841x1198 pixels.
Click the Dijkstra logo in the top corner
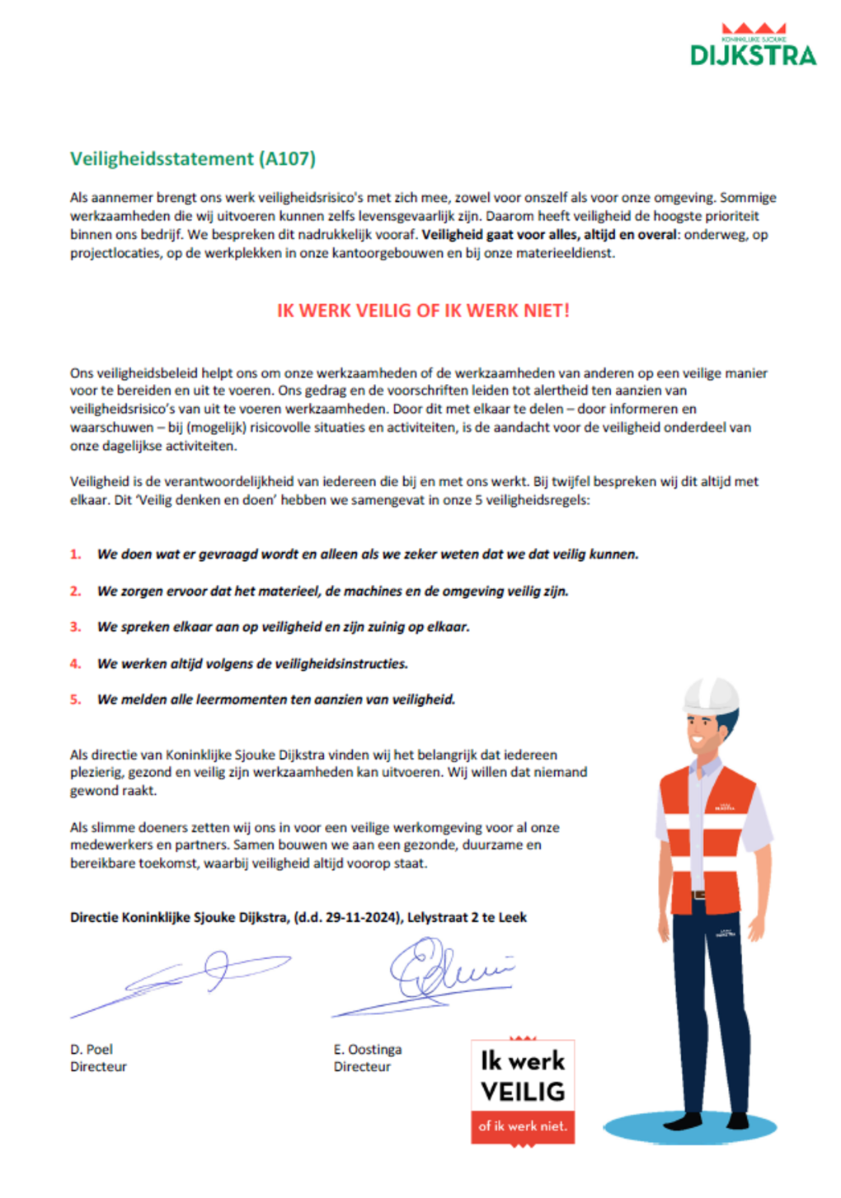point(753,46)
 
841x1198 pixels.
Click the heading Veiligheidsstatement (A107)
point(192,158)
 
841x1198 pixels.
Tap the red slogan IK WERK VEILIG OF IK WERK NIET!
point(423,311)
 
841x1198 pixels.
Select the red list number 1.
point(75,555)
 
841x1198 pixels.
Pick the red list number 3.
point(75,627)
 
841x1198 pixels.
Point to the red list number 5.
point(75,700)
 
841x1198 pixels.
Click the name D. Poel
point(92,1049)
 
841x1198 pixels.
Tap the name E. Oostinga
point(368,1049)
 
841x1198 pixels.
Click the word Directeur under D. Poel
point(98,1066)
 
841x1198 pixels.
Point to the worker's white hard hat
point(711,694)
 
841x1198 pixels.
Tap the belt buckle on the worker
point(699,895)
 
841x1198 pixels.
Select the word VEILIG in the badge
point(523,1092)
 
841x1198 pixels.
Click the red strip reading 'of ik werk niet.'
point(523,1126)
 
